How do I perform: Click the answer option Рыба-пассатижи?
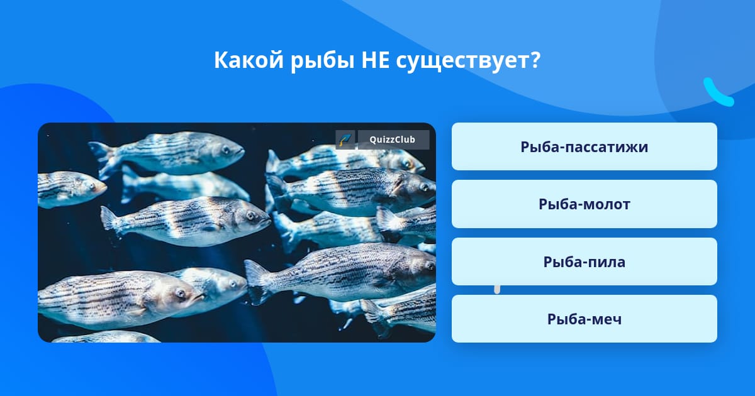click(584, 146)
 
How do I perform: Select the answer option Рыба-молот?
click(584, 204)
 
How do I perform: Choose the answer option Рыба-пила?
click(584, 261)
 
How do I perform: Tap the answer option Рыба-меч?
click(584, 319)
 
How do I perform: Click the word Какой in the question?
click(249, 60)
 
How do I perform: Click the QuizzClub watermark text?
click(393, 140)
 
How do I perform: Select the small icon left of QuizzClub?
click(345, 140)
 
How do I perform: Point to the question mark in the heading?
click(535, 60)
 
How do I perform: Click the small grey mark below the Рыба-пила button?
click(497, 290)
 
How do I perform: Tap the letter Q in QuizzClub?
click(372, 140)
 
